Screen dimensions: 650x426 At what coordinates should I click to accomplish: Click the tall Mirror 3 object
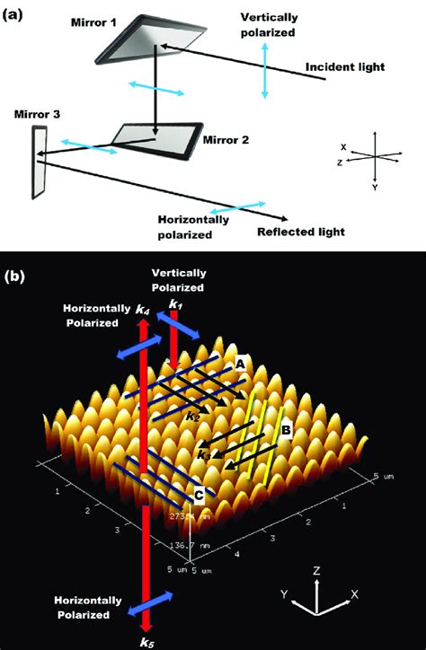39,162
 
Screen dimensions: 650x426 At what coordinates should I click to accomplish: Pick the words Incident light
345,67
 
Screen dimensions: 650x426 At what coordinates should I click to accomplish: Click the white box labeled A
241,365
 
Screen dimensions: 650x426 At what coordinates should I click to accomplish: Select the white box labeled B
285,431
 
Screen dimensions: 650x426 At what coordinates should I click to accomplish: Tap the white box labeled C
198,493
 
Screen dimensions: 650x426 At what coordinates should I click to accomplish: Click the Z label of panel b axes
317,569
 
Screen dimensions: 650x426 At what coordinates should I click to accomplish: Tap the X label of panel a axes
344,146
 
